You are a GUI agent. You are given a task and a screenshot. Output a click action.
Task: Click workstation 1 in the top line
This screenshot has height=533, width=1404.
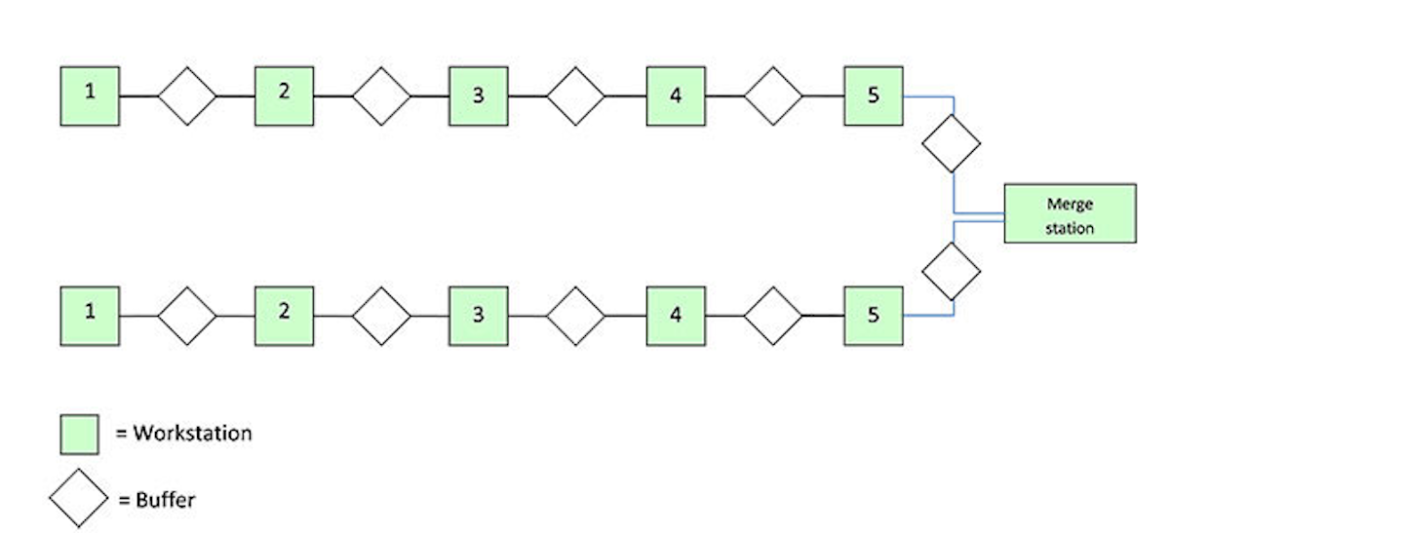(90, 96)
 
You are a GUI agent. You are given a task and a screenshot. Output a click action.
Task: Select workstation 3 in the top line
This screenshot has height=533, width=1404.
(478, 96)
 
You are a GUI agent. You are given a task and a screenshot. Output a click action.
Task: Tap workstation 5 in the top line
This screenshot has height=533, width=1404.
(873, 96)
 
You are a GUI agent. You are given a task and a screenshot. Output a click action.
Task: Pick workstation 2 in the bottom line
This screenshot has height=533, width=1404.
(284, 316)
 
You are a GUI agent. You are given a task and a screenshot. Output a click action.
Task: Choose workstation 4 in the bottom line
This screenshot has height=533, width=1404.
(676, 316)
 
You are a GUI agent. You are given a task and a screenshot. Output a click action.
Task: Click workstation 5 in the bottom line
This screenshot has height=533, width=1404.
(873, 316)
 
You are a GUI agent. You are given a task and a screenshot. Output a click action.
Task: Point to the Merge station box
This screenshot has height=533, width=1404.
(1070, 213)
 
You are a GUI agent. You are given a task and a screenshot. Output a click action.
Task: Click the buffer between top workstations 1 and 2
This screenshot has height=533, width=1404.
(187, 96)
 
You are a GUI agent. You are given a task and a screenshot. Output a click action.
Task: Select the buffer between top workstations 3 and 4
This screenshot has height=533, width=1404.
(575, 96)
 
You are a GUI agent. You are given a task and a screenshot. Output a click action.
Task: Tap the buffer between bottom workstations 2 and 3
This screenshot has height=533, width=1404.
(381, 316)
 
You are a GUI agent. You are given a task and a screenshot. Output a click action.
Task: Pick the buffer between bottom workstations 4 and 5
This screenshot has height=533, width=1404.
(773, 316)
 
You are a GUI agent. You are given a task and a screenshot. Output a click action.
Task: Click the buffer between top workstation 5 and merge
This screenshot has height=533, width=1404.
(952, 144)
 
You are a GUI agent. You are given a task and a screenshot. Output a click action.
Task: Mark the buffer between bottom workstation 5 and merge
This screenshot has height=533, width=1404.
(952, 272)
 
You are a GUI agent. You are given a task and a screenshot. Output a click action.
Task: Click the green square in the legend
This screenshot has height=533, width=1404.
(80, 434)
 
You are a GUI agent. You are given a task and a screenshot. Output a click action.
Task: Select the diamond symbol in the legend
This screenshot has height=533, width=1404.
(79, 499)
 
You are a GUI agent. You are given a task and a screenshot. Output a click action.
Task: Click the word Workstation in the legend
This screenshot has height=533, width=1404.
(192, 434)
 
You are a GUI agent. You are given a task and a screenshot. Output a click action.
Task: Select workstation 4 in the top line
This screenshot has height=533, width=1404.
(676, 96)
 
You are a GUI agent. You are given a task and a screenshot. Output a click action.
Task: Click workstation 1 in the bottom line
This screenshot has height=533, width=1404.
(90, 316)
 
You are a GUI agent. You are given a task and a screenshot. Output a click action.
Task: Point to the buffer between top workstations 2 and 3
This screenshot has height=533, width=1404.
(381, 96)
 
